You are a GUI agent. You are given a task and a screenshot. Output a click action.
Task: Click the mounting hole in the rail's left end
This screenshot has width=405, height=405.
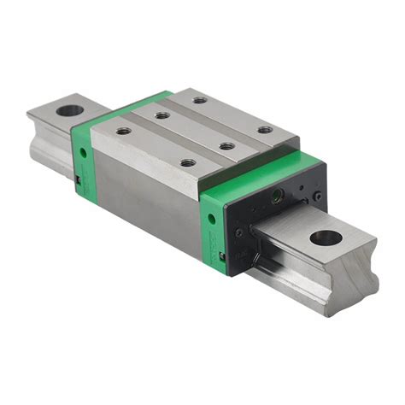click(68, 109)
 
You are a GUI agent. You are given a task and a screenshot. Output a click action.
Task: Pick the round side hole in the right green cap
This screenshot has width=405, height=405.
click(211, 218)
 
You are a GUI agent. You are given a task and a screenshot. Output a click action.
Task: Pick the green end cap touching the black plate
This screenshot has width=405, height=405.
click(216, 226)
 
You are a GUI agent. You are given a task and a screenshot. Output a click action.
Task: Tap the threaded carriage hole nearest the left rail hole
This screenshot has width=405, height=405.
click(123, 131)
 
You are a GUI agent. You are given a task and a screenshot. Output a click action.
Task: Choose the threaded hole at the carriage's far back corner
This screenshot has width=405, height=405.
click(200, 100)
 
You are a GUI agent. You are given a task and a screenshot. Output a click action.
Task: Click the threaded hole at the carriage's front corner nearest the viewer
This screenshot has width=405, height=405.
click(188, 162)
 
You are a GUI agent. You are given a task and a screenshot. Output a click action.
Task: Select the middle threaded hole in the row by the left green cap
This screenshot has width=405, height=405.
click(161, 115)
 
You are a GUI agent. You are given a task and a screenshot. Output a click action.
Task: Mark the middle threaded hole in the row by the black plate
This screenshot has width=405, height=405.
click(226, 146)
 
